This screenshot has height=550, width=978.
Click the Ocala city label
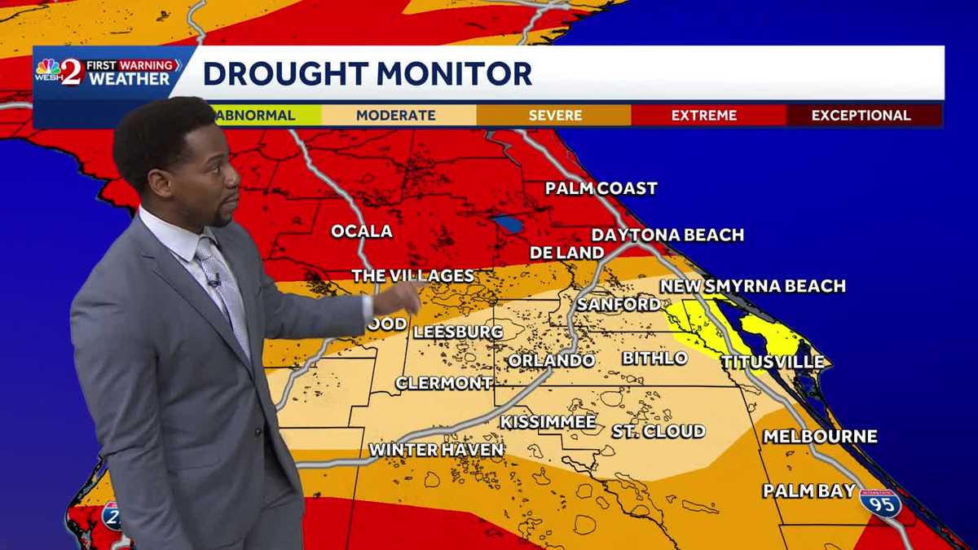click(x=361, y=231)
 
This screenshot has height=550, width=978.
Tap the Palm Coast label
click(x=601, y=189)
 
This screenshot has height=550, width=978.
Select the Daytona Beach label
click(x=667, y=235)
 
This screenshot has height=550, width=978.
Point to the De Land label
click(x=566, y=253)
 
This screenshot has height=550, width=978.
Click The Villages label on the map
click(x=413, y=276)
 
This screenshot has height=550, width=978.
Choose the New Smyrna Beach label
click(x=752, y=286)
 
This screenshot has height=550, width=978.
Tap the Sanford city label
click(x=619, y=304)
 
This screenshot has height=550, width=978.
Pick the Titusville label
click(x=771, y=362)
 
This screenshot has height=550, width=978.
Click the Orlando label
click(x=552, y=360)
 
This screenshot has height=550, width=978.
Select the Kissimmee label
click(x=548, y=422)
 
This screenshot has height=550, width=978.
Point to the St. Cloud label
click(x=659, y=431)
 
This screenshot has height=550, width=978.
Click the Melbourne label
click(x=820, y=437)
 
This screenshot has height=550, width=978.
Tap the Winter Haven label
click(x=436, y=450)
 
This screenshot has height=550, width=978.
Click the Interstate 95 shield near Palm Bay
click(x=880, y=504)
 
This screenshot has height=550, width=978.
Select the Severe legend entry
click(x=554, y=116)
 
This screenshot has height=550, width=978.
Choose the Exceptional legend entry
click(x=861, y=116)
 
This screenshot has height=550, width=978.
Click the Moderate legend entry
click(x=395, y=116)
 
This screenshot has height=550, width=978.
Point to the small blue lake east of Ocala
click(x=506, y=223)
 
